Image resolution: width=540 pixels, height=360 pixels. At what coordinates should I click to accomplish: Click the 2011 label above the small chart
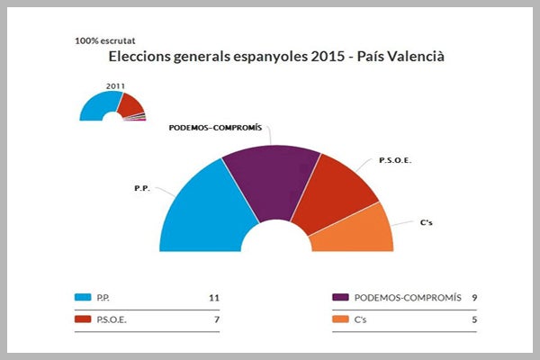(x=114, y=85)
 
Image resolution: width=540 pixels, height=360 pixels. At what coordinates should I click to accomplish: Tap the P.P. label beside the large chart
(x=140, y=188)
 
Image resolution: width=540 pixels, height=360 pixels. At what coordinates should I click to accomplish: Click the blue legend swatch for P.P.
(x=84, y=297)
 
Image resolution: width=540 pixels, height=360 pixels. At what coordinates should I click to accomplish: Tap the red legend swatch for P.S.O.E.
(x=84, y=319)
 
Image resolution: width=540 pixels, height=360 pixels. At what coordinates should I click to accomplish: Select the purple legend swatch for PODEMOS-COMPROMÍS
(x=340, y=297)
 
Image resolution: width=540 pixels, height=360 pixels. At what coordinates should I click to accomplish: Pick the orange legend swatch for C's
(x=340, y=319)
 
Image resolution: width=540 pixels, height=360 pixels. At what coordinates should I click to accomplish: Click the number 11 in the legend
(x=213, y=297)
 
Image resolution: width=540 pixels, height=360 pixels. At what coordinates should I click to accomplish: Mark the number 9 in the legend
(x=473, y=297)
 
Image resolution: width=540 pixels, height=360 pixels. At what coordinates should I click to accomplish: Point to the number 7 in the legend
(x=216, y=319)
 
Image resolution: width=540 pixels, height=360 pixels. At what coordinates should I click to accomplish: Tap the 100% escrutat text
(x=106, y=40)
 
